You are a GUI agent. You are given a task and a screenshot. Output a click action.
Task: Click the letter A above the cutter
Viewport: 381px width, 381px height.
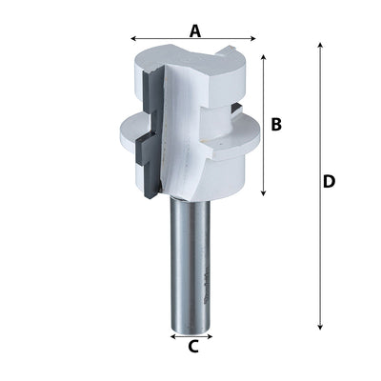pos(194,30)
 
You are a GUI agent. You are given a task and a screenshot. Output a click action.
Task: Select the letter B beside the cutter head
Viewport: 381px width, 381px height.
pos(276,124)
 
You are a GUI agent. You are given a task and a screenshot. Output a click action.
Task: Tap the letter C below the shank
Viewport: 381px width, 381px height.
pos(192,347)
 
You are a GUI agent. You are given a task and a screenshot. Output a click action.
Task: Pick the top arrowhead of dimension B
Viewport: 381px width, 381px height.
pos(263,57)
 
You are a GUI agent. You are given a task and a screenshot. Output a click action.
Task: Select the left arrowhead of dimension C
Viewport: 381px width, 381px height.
pos(172,335)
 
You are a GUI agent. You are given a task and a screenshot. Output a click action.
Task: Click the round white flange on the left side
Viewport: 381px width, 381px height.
pos(126,130)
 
